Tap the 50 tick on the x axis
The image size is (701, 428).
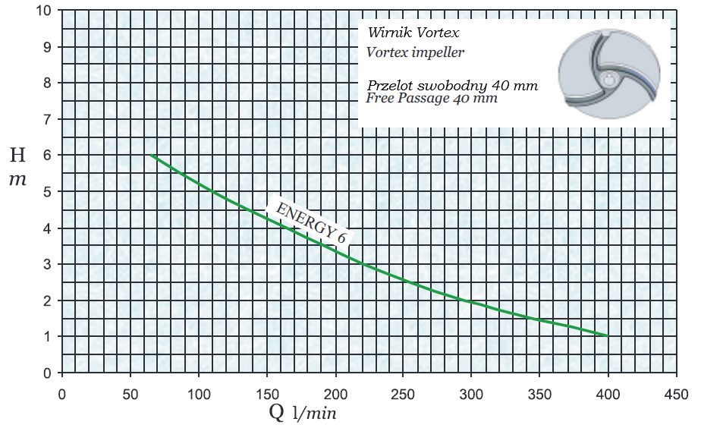point(130,395)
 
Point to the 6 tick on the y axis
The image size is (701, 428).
point(47,155)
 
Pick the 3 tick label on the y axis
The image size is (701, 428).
point(47,265)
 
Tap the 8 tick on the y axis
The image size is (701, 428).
point(47,83)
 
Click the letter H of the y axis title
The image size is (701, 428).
point(17,156)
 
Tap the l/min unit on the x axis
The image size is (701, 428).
point(314,414)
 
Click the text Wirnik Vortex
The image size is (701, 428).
point(413,33)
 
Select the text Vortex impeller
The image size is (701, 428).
point(414,52)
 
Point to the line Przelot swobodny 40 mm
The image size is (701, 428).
point(452,85)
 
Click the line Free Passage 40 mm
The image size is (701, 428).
point(432,98)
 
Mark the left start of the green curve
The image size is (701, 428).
point(150,155)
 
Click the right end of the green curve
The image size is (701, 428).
point(607,335)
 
